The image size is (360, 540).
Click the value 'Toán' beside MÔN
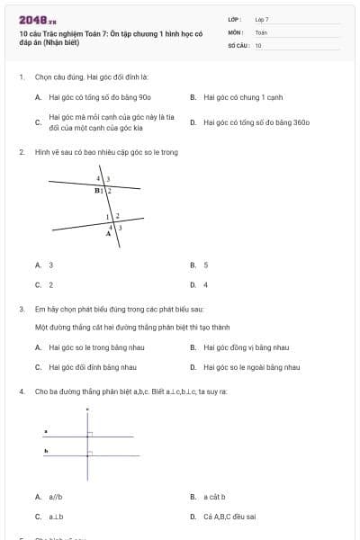click(261, 31)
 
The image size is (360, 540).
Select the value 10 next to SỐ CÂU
click(258, 44)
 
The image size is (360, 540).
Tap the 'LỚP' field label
click(235, 19)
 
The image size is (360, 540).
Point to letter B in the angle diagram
click(97, 191)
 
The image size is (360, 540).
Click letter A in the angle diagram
click(109, 233)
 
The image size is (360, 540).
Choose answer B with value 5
click(205, 265)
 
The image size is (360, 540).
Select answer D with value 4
click(205, 284)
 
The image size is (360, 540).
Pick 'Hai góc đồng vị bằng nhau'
click(246, 346)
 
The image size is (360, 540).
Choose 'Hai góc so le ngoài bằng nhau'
click(251, 366)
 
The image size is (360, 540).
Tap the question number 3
click(21, 309)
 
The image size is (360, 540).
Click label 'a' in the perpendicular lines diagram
click(46, 431)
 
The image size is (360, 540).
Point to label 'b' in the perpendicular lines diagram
click(46, 448)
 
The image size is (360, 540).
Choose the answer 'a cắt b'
click(213, 497)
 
